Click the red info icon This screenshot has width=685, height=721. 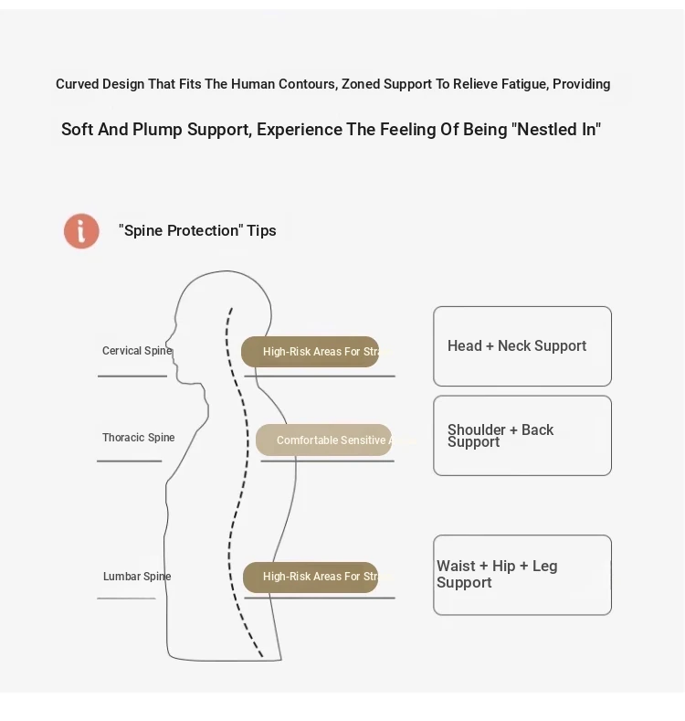click(x=81, y=231)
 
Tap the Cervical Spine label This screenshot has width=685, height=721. click(x=137, y=351)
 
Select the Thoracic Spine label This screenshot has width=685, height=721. click(x=138, y=438)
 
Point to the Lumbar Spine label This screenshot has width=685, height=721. click(x=137, y=577)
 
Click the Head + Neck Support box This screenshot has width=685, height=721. click(x=522, y=346)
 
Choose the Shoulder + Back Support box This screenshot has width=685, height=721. click(x=522, y=436)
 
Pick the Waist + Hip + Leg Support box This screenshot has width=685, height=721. click(x=522, y=575)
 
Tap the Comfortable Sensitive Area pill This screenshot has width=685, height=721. click(x=324, y=440)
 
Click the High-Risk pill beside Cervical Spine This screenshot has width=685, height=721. click(x=311, y=352)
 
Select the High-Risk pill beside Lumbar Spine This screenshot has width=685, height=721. click(x=311, y=577)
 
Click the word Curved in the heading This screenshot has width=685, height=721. click(x=77, y=84)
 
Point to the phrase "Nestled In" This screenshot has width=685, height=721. click(x=558, y=130)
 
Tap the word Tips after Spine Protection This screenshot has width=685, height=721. click(x=261, y=230)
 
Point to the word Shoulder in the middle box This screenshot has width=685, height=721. click(x=477, y=429)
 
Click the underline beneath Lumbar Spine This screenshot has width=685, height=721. click(x=126, y=599)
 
